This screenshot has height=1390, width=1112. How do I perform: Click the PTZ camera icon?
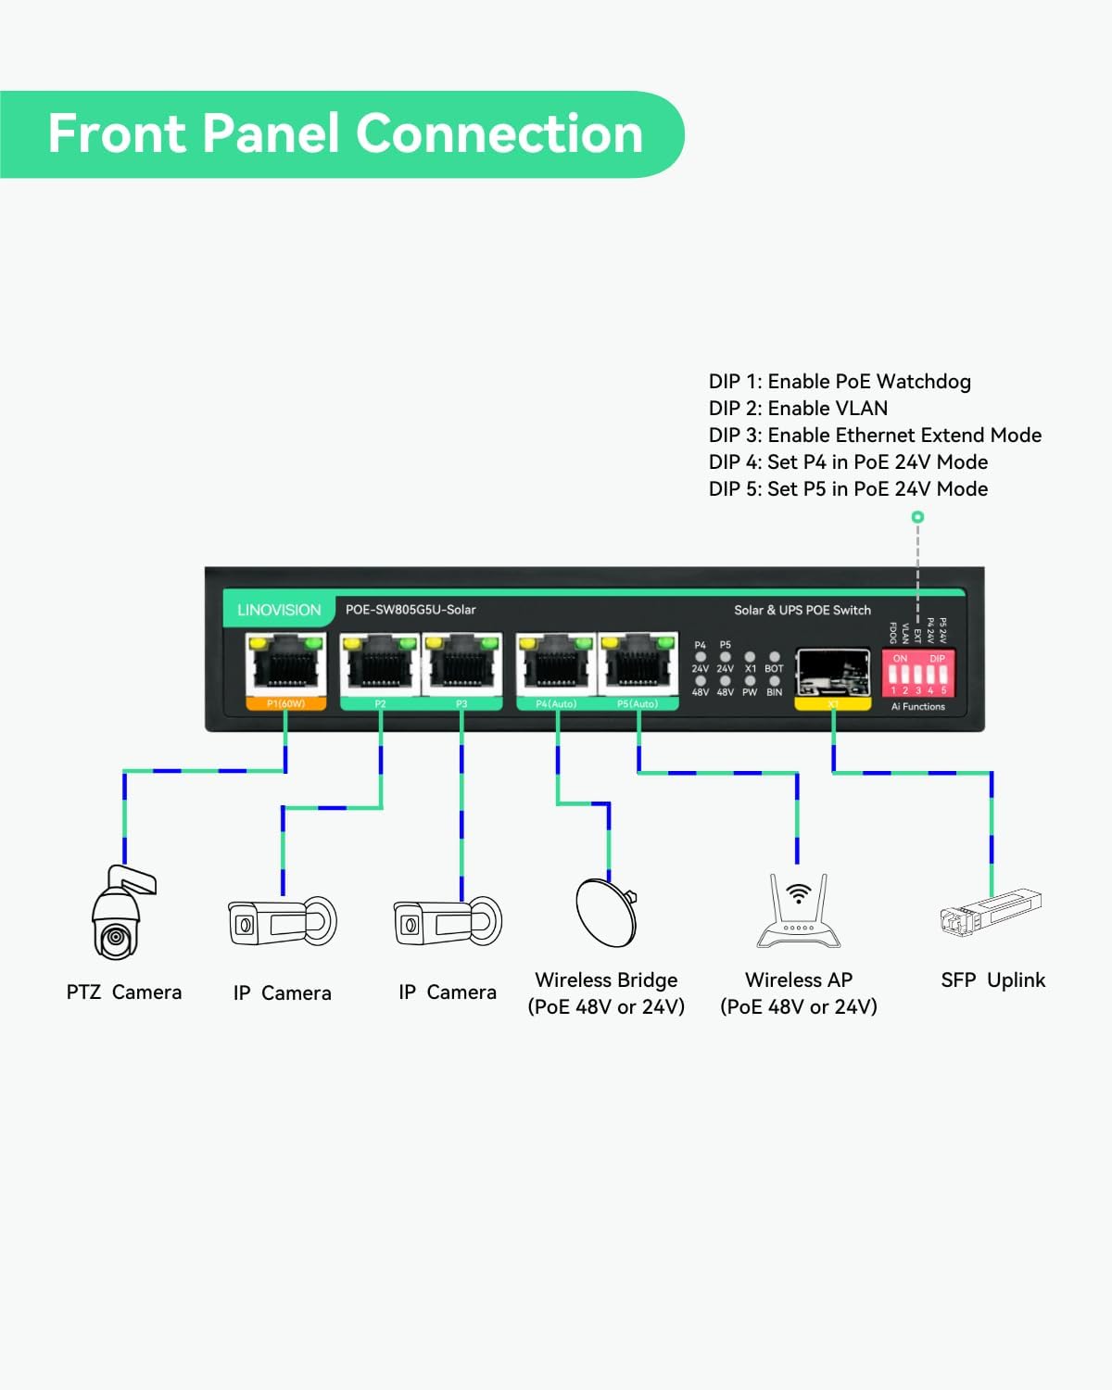[x=119, y=915]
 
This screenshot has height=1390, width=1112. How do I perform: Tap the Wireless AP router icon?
[x=799, y=913]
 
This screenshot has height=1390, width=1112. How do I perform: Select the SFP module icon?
[x=991, y=912]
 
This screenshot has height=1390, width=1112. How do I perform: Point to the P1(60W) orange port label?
[x=285, y=704]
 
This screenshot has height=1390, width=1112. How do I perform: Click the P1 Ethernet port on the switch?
[x=285, y=664]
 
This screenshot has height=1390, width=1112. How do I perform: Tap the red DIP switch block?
[x=918, y=674]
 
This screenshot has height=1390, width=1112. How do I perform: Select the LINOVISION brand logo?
[x=279, y=610]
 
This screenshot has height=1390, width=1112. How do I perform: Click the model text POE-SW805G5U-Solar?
[x=411, y=610]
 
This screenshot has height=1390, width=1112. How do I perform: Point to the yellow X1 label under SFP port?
[x=833, y=704]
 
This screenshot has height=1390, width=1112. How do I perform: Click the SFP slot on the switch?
[x=833, y=672]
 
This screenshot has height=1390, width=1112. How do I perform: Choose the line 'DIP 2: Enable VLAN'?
[x=798, y=409]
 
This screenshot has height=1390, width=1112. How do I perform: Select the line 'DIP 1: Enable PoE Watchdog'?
[x=840, y=382]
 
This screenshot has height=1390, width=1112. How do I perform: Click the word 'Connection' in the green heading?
[x=499, y=133]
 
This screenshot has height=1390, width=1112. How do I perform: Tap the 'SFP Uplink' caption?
[x=992, y=980]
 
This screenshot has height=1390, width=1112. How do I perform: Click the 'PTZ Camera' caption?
[x=124, y=992]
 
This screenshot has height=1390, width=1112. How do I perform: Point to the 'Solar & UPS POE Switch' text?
[x=802, y=610]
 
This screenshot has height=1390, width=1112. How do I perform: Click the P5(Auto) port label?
[x=638, y=704]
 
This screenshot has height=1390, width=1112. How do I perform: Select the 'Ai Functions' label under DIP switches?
[x=918, y=707]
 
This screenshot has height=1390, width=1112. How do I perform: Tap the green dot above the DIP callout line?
[x=917, y=517]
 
